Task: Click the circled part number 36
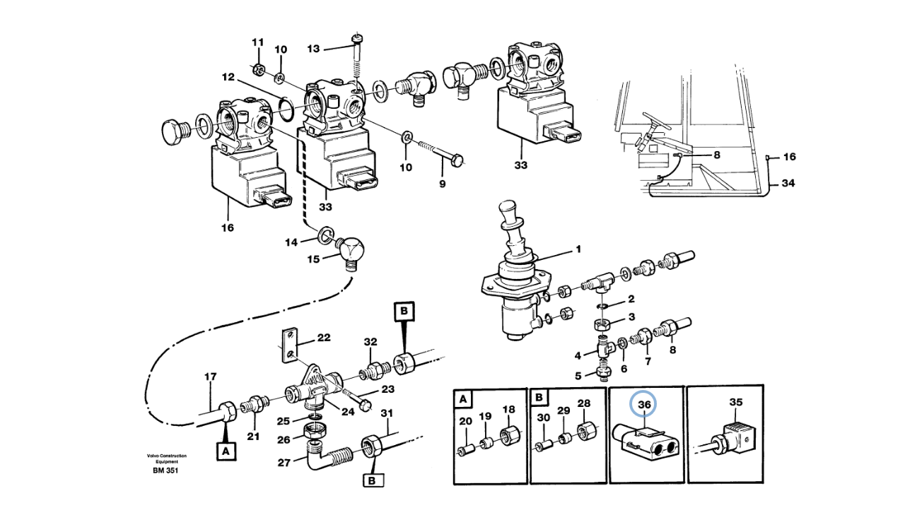[x=644, y=405]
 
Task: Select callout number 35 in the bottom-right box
[x=735, y=403]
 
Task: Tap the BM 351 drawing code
[x=165, y=470]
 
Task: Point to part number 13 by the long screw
[x=313, y=48]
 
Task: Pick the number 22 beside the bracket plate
[x=323, y=338]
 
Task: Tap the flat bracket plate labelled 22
[x=289, y=344]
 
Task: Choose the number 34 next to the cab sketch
[x=788, y=184]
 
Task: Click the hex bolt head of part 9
[x=456, y=160]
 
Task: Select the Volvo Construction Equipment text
[x=167, y=458]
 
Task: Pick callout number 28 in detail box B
[x=583, y=403]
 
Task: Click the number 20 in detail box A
[x=465, y=422]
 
